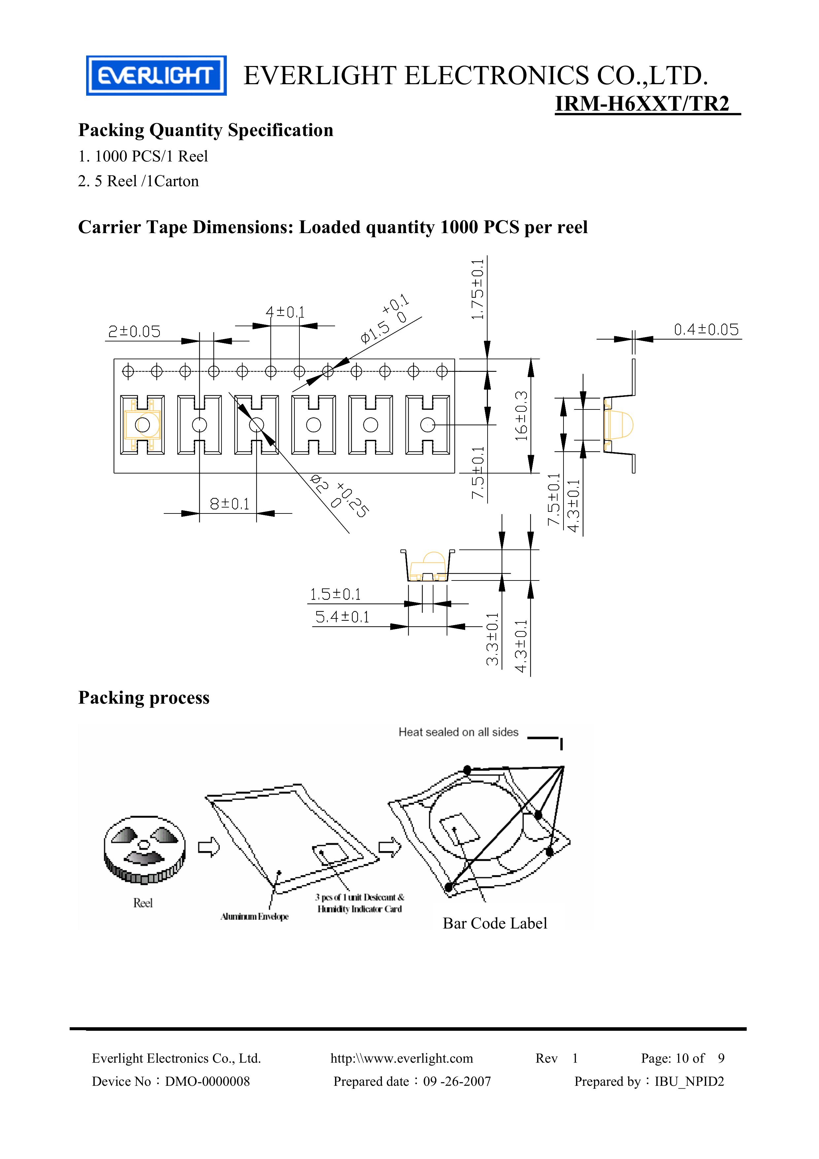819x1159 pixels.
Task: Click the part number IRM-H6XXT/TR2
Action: [x=642, y=104]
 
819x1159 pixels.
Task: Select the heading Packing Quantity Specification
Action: [x=205, y=130]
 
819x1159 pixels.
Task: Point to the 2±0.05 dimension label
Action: [x=134, y=332]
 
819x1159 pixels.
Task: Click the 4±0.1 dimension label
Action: [x=285, y=312]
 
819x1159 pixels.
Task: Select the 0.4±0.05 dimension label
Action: [x=706, y=330]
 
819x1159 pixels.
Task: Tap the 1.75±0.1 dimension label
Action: [x=477, y=289]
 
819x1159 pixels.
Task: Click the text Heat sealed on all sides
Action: [x=458, y=732]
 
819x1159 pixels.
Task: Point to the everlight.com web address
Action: [x=402, y=1058]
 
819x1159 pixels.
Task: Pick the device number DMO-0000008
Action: [x=207, y=1081]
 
